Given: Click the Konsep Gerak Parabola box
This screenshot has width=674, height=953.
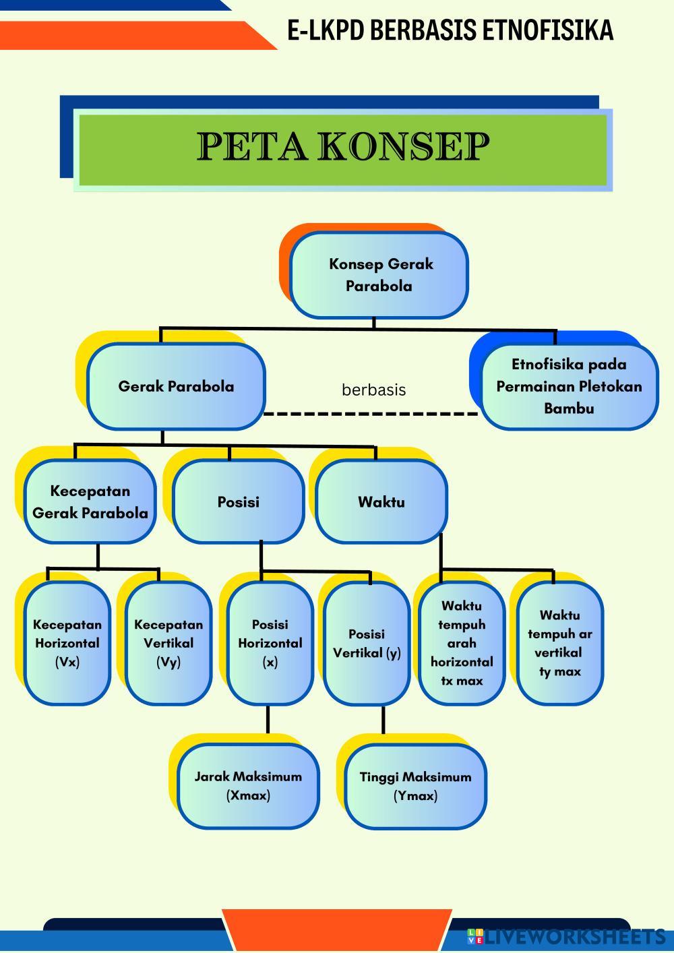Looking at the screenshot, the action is point(379,275).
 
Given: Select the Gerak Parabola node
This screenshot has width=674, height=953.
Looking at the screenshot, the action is point(176,386).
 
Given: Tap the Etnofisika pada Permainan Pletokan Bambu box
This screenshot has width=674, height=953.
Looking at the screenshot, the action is point(570,386).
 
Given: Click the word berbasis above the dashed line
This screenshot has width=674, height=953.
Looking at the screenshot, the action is point(373,390).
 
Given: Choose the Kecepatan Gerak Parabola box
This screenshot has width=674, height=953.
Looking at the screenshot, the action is point(90,502).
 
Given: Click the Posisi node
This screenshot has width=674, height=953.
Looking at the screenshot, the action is point(239,502).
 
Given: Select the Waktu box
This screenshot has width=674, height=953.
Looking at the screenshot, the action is point(381,502).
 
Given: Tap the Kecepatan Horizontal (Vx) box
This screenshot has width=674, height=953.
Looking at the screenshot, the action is point(67,643).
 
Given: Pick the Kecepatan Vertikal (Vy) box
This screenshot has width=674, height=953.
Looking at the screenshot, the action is point(168,643).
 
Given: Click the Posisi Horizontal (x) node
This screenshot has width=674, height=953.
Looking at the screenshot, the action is point(270,643).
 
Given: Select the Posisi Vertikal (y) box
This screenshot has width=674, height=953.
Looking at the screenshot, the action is point(367,644).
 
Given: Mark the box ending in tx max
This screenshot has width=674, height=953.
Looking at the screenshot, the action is point(462,643).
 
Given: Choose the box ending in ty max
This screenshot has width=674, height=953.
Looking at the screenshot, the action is point(560,643).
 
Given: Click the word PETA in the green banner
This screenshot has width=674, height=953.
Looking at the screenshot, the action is point(252,146).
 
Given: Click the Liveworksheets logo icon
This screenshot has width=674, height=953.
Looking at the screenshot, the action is point(475,936).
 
